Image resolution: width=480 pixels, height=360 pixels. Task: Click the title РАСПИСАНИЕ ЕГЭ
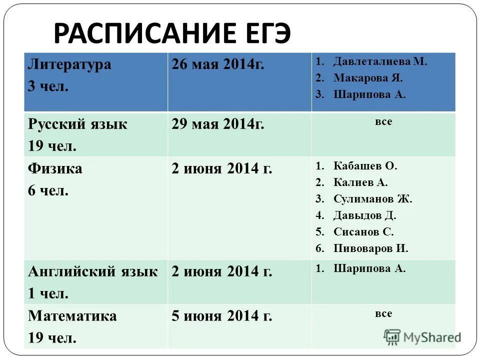pos(171,33)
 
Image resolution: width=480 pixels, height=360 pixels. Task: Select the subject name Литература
pos(69,64)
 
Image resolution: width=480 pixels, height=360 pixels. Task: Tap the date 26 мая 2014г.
pos(217,64)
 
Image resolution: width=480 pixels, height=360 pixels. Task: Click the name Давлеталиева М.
pos(380,61)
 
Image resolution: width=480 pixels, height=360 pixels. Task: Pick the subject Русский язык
pos(77,124)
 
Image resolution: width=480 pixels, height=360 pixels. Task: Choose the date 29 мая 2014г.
pos(217,124)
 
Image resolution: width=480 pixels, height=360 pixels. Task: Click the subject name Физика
pos(55,168)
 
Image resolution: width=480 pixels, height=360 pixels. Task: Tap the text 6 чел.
pos(48,190)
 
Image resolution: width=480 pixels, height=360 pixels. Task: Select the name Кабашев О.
pos(365,166)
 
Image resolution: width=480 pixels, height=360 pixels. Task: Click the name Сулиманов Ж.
pos(373,198)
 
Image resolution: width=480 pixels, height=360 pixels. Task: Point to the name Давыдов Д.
pos(365,215)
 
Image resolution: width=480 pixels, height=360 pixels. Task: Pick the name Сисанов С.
pos(364,231)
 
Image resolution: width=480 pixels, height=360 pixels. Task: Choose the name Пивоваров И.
pos(371,248)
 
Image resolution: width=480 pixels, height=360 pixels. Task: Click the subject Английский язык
pos(92,271)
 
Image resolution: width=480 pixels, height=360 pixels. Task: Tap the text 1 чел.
pos(48,293)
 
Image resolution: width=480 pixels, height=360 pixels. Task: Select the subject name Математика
pos(72,316)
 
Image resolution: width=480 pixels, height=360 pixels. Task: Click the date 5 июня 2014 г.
pos(221,316)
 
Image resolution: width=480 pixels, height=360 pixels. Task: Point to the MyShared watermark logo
pos(422,337)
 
